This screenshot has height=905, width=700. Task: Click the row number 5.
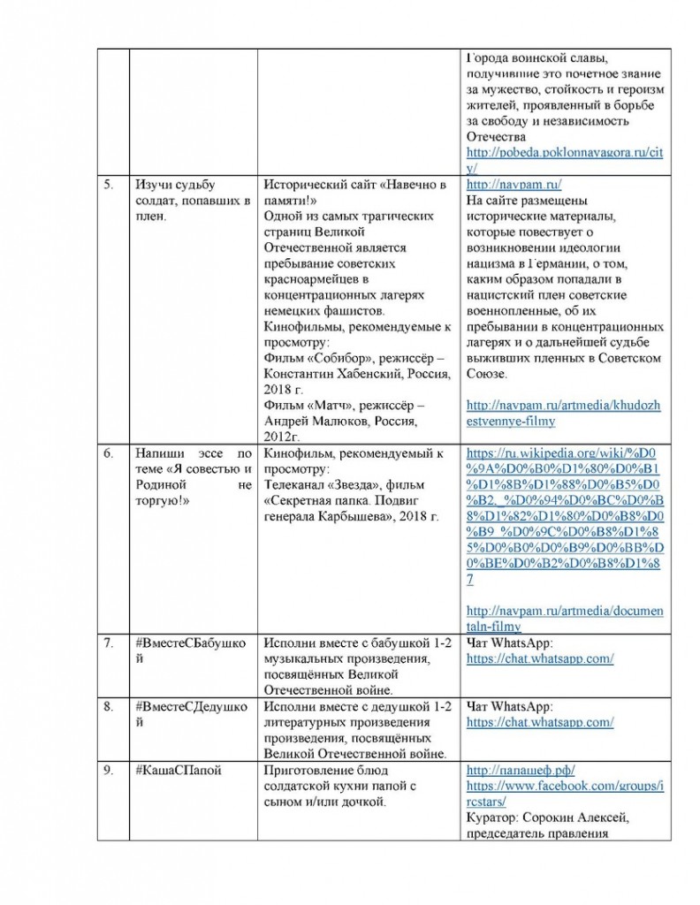(108, 185)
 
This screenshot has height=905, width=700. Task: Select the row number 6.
(108, 453)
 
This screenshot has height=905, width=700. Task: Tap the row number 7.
(108, 643)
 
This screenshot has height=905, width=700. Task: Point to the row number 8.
(108, 706)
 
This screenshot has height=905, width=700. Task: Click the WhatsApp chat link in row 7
(539, 658)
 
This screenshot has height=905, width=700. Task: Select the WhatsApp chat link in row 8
(539, 722)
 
